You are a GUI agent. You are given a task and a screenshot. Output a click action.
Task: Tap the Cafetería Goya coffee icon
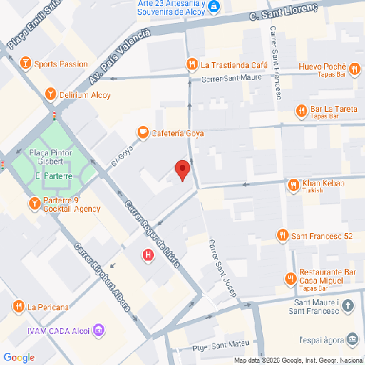point(142,133)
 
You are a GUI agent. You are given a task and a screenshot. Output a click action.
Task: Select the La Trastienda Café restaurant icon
point(192,64)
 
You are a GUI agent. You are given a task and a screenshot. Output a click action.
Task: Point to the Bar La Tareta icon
point(301,111)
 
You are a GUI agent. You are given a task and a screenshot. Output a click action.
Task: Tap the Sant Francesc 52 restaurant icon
point(281,236)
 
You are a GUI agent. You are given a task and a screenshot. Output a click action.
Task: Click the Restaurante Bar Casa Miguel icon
point(290,278)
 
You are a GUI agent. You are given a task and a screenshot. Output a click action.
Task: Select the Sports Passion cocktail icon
point(26,64)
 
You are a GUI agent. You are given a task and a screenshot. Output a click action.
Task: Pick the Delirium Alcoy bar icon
point(50,94)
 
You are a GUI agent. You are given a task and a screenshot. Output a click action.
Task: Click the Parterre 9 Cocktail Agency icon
point(33,204)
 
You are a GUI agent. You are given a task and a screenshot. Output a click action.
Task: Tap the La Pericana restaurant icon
point(18,307)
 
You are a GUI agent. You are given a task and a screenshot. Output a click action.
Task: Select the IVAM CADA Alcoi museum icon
point(99,329)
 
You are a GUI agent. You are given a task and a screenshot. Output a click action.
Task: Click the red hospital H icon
point(147,255)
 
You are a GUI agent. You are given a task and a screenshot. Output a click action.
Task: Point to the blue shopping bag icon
point(214,7)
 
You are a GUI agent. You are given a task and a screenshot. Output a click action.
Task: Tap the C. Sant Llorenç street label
point(284,12)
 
